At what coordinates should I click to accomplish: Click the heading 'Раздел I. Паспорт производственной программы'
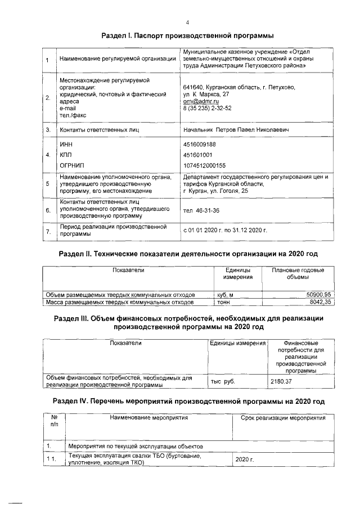coord(183,35)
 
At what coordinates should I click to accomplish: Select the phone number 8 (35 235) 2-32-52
coord(208,108)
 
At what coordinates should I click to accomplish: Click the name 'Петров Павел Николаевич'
coord(253,130)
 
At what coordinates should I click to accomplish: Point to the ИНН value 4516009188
coord(200,145)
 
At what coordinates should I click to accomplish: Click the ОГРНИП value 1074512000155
coord(205,165)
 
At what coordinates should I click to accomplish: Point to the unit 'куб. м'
coord(224,294)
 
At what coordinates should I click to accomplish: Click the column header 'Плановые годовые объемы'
coord(298,274)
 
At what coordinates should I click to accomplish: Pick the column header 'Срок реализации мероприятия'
coord(283,418)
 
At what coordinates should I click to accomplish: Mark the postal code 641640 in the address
coord(192,87)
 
